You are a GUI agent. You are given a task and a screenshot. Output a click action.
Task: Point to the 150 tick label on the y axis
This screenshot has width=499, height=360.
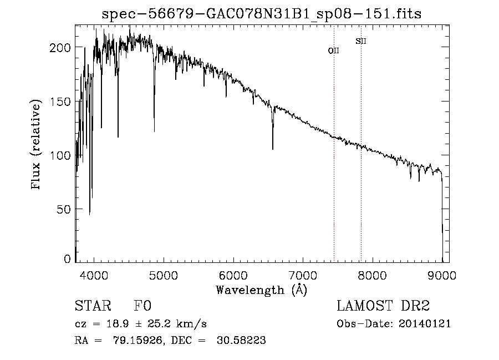point(60,102)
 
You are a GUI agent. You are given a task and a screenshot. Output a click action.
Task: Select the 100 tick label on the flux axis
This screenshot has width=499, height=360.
point(60,155)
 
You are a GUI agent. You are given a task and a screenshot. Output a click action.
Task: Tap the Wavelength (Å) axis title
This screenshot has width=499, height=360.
point(261,290)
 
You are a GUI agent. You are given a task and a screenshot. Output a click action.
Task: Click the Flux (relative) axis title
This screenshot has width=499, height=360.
point(37,146)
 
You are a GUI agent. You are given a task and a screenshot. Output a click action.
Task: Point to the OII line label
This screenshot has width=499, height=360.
point(334,50)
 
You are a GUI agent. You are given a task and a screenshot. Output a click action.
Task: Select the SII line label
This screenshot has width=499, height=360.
point(361,41)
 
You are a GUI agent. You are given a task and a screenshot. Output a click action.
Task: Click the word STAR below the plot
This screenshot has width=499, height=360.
point(93,306)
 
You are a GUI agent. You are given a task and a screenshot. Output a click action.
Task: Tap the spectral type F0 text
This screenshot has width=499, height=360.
point(142,306)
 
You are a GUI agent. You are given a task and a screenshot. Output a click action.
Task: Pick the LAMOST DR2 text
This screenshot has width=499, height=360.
point(383,306)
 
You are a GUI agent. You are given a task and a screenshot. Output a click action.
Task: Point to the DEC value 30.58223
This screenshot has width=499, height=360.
point(244,341)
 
